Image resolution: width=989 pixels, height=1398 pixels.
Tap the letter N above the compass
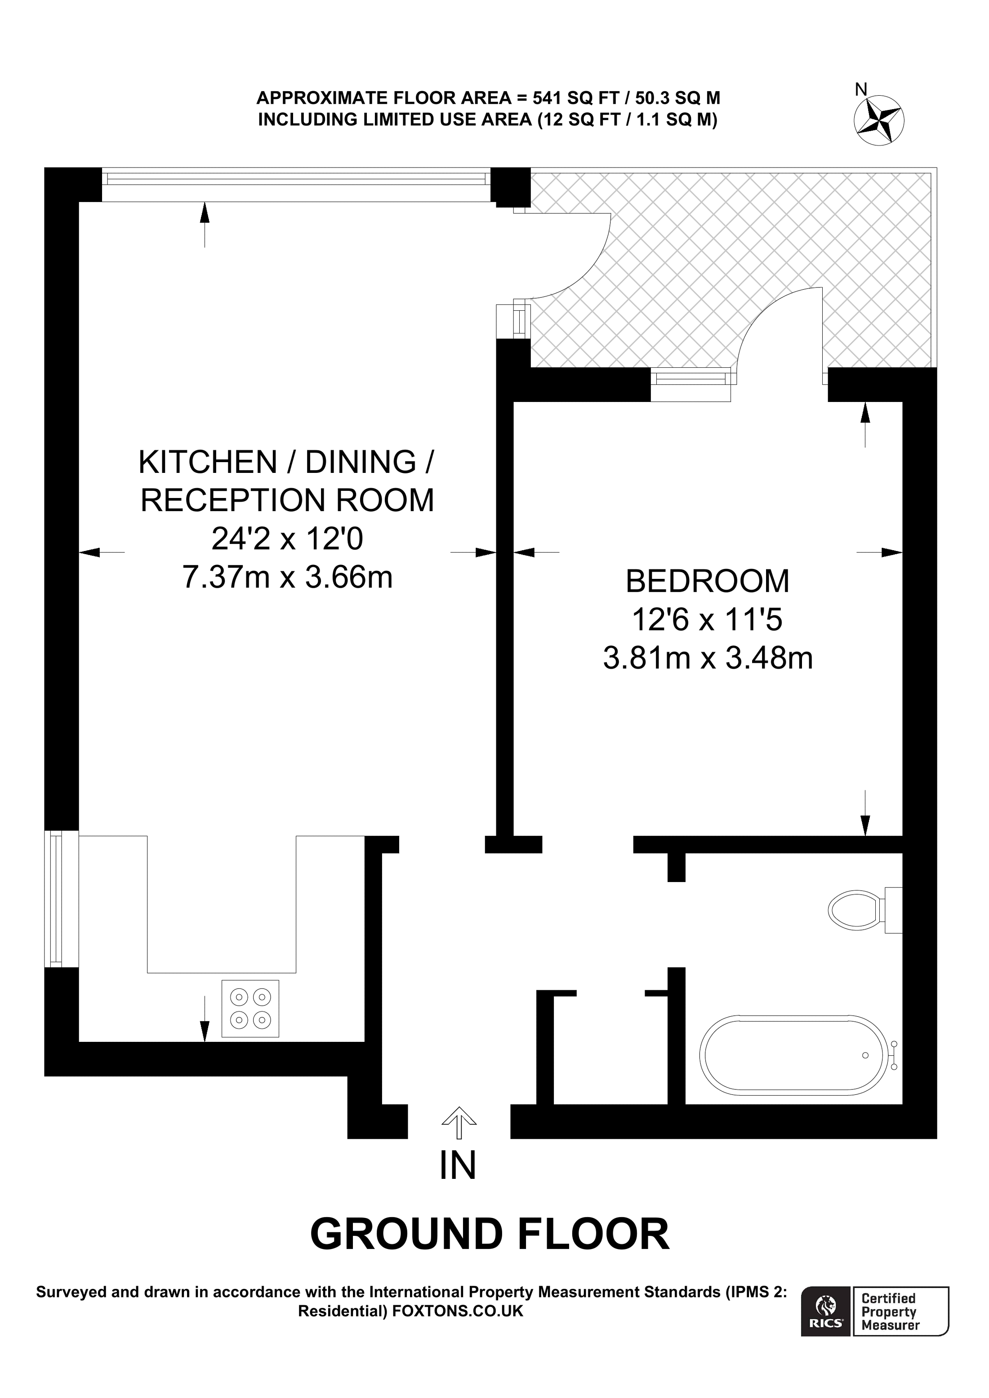tap(860, 90)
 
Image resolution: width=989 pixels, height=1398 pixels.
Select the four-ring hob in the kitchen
tap(250, 1008)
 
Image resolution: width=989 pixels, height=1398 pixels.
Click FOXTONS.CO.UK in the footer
tap(458, 1311)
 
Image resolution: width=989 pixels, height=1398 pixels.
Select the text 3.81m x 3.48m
tap(708, 658)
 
